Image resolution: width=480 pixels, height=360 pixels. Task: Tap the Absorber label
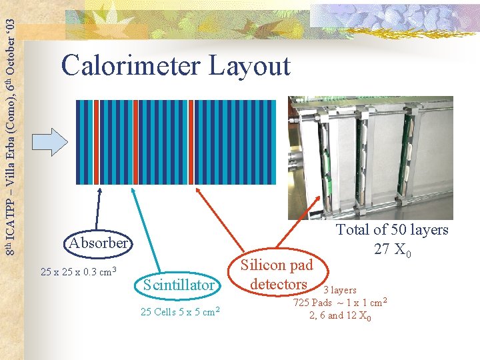click(98, 243)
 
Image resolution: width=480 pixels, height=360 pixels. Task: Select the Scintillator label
click(179, 285)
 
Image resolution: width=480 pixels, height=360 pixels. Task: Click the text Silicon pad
click(277, 265)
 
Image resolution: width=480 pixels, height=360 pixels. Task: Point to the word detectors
click(278, 284)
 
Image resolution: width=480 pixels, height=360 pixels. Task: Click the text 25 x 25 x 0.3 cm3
click(79, 271)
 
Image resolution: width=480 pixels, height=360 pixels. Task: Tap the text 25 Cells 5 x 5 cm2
click(181, 311)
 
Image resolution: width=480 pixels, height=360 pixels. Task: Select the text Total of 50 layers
click(392, 230)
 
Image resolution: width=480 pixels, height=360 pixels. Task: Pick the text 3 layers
click(340, 290)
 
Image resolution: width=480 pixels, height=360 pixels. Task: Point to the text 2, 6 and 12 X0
click(340, 315)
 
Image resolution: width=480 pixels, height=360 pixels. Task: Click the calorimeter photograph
click(370, 157)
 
